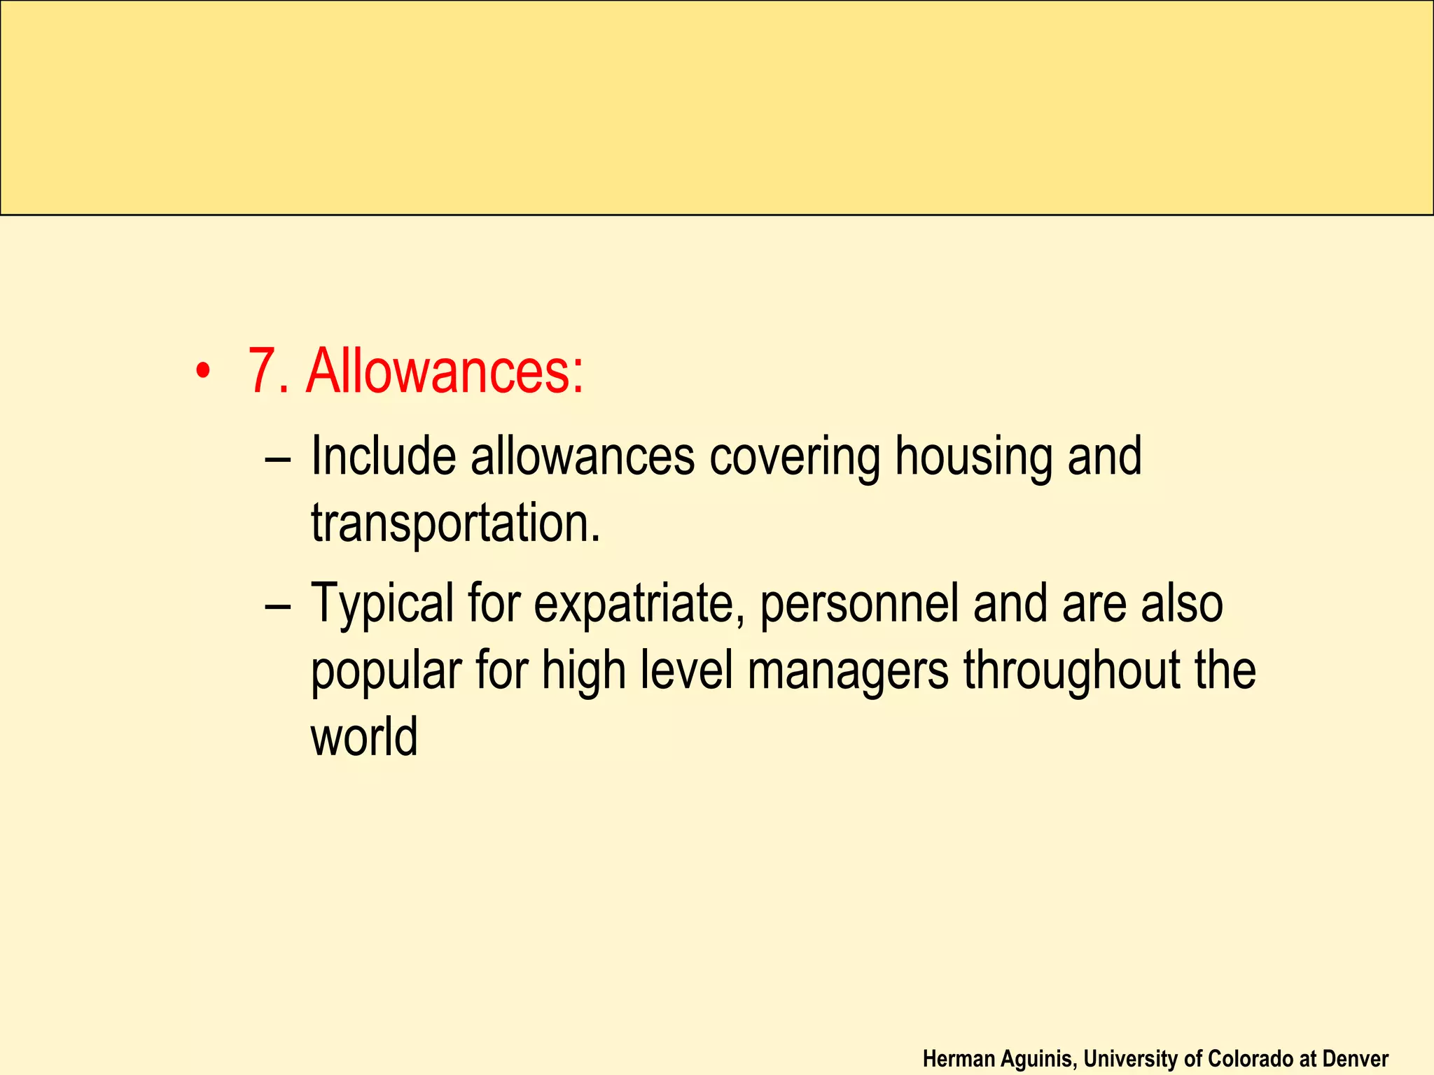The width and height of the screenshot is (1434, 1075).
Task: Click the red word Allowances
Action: [x=445, y=371]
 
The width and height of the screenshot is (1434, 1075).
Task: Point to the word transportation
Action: [x=455, y=524]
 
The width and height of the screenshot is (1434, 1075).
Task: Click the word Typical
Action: [x=382, y=604]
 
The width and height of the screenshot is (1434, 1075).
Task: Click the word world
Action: [x=364, y=736]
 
